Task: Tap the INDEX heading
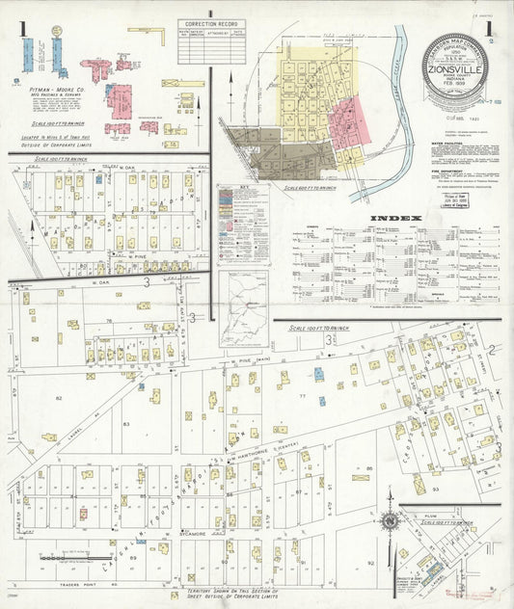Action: click(396, 219)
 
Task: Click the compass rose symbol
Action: click(389, 521)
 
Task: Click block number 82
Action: click(59, 397)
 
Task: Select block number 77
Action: click(302, 395)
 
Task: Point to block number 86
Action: click(368, 469)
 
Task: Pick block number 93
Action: click(435, 490)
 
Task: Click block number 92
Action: click(370, 562)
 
